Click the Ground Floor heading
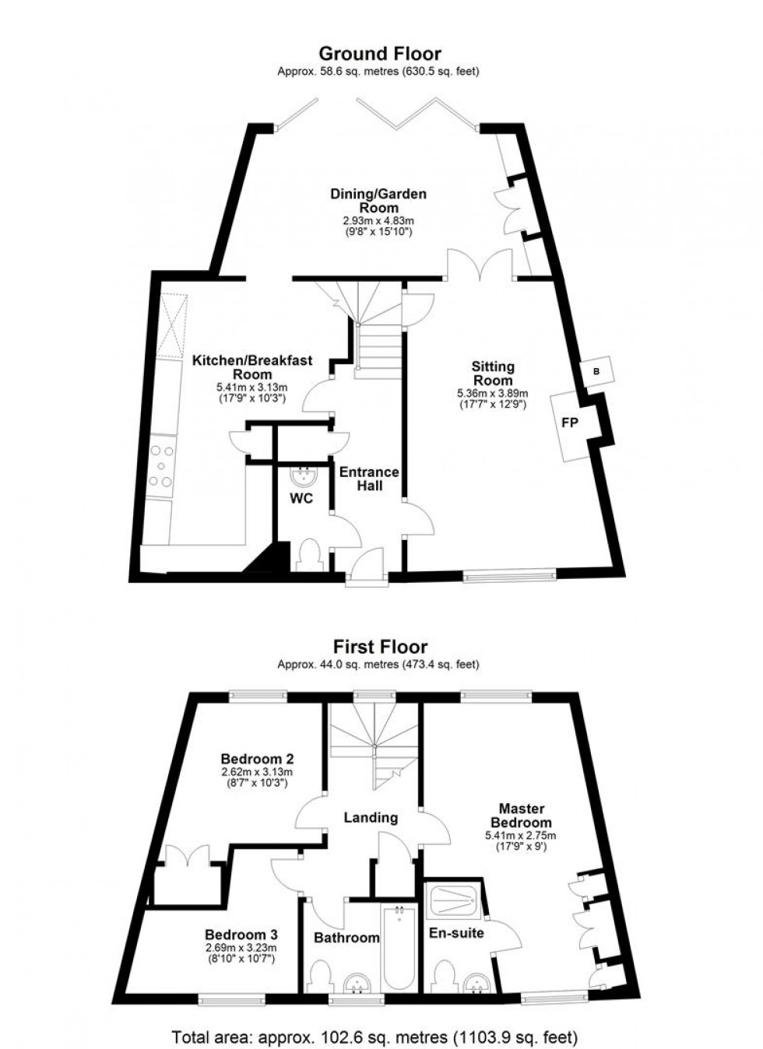click(380, 54)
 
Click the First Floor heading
click(380, 647)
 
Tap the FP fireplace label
click(570, 423)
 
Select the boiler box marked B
click(596, 372)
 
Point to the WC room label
click(301, 498)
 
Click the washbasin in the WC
click(304, 476)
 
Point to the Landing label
click(371, 818)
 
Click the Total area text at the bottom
click(375, 1037)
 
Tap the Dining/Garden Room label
click(378, 200)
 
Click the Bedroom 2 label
click(257, 757)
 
